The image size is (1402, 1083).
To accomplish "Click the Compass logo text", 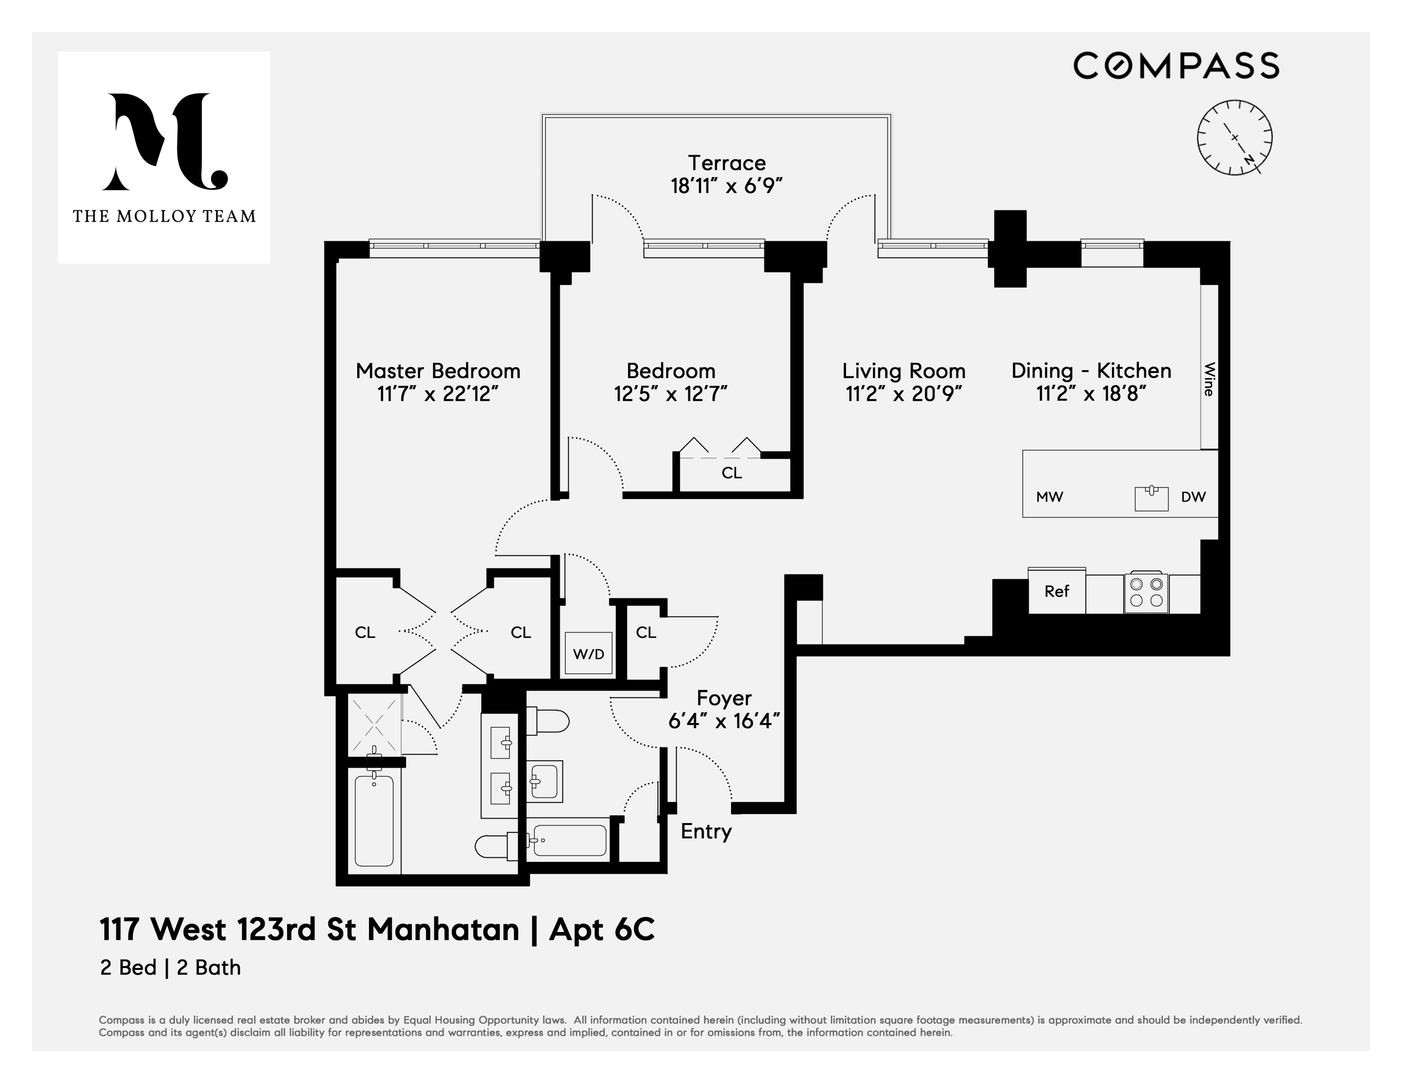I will pyautogui.click(x=1176, y=66).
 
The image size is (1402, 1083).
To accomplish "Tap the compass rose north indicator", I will pyautogui.click(x=1248, y=158).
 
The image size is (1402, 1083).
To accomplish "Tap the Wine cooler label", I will pyautogui.click(x=1209, y=379).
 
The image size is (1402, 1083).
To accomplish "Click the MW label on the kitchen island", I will pyautogui.click(x=1050, y=497).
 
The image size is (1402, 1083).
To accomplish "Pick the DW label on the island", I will pyautogui.click(x=1193, y=497).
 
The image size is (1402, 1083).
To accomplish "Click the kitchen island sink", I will pyautogui.click(x=1151, y=498).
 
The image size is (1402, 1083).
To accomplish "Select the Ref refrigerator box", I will pyautogui.click(x=1057, y=591).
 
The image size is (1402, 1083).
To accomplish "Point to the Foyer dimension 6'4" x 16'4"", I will pyautogui.click(x=724, y=721).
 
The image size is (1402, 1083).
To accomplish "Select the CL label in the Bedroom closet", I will pyautogui.click(x=731, y=473).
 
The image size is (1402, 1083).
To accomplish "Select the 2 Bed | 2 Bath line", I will pyautogui.click(x=170, y=968).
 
